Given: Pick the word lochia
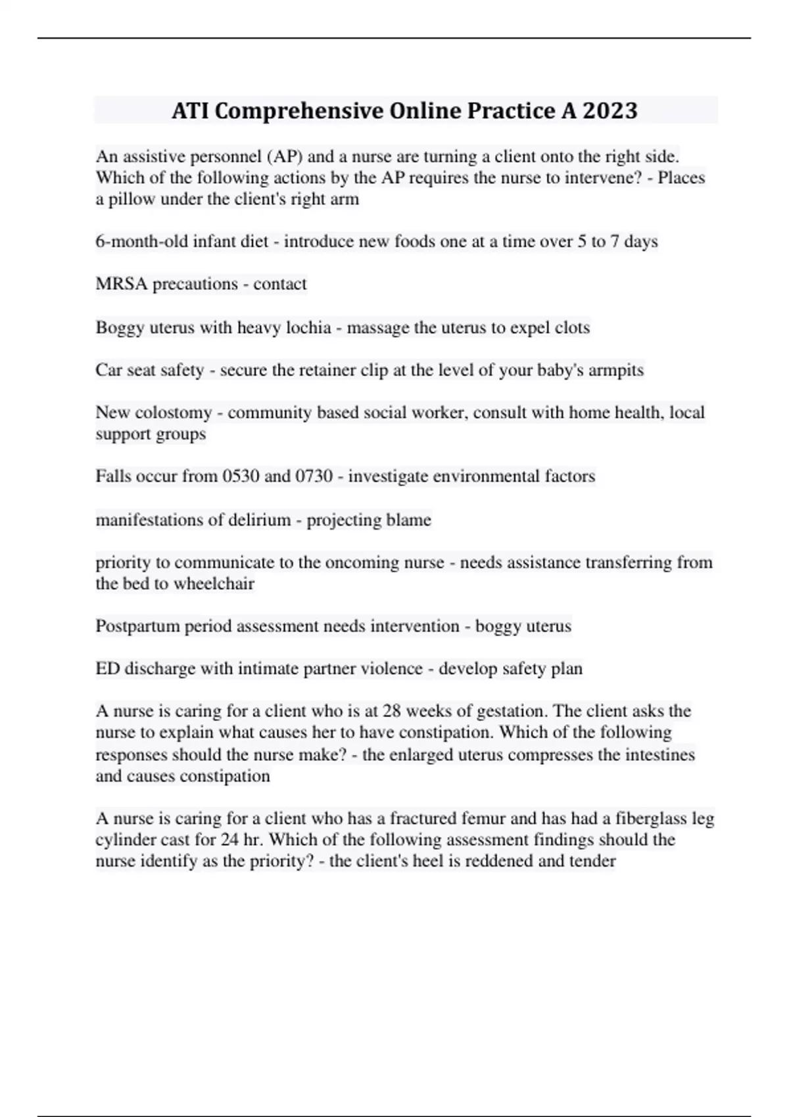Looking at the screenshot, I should point(308,327).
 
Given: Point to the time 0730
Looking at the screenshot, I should point(314,476).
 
